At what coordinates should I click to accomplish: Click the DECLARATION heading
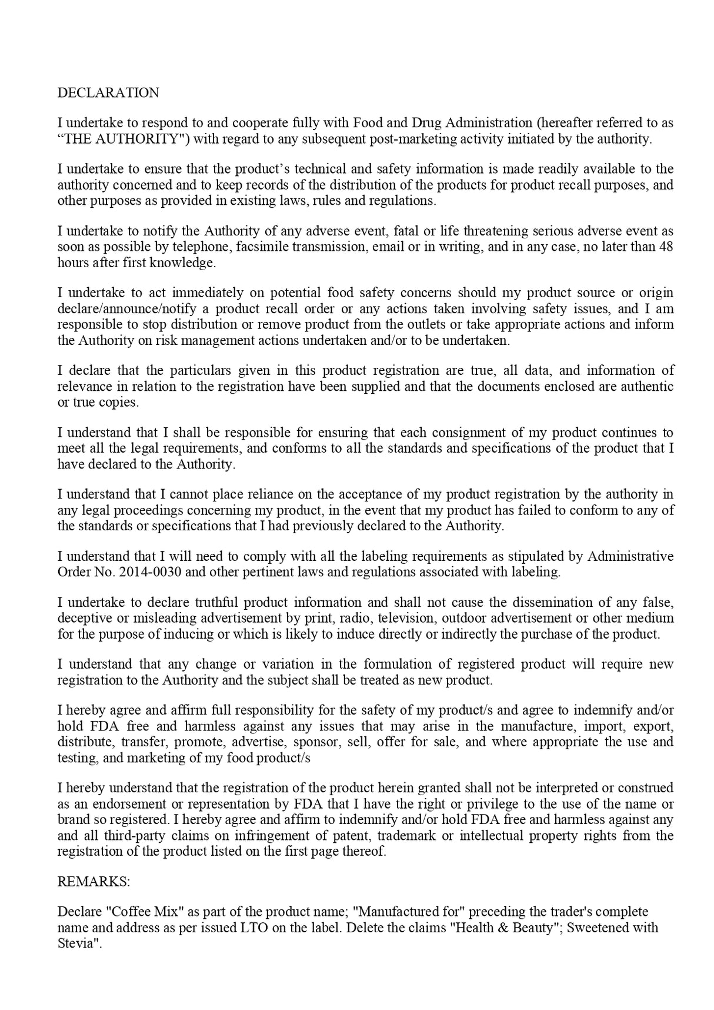point(108,93)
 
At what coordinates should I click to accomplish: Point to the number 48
point(666,247)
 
